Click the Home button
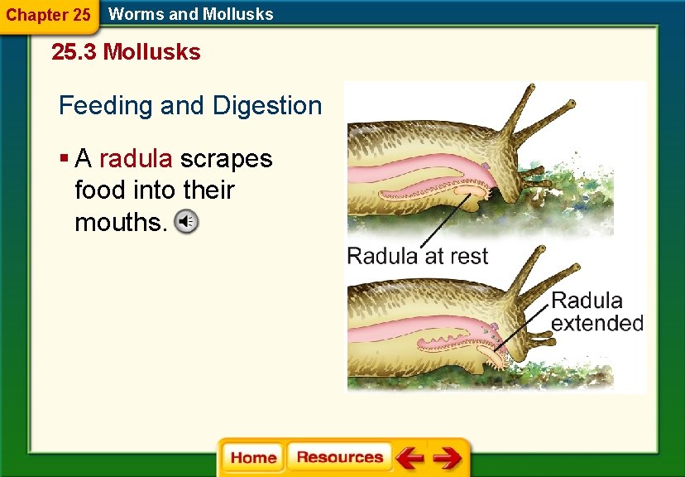tap(253, 458)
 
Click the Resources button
tap(339, 457)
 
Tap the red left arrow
tap(409, 458)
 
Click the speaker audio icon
tap(188, 222)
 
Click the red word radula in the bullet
tap(136, 158)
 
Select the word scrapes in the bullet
tap(226, 158)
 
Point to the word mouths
tap(121, 223)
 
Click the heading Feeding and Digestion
tap(190, 106)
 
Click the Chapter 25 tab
tap(48, 15)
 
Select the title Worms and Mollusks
tap(191, 14)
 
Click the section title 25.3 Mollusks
tap(126, 52)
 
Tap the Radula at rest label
tap(418, 256)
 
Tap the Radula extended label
tap(596, 311)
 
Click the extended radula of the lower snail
tap(500, 359)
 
